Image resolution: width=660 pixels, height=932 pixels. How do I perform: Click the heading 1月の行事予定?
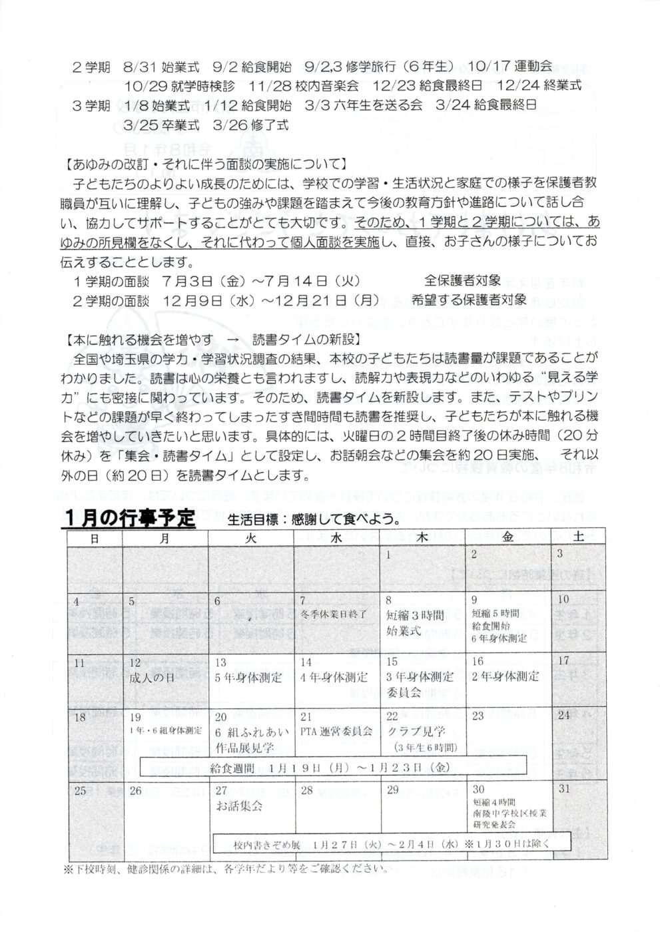point(130,517)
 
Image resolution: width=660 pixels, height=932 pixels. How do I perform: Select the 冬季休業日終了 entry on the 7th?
point(334,613)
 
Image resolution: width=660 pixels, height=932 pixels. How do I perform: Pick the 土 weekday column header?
point(578,539)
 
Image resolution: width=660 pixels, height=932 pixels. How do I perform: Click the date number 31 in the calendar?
point(566,790)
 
